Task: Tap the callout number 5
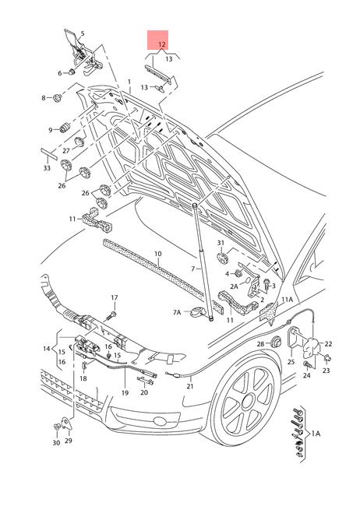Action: pos(83,34)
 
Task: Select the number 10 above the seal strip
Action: pos(157,254)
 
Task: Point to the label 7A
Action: pos(177,312)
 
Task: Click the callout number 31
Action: pos(221,244)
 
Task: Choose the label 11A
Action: pos(287,299)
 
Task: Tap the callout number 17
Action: pos(114,298)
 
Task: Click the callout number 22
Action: pos(328,344)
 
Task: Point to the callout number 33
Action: pos(47,167)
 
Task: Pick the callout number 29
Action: pos(68,441)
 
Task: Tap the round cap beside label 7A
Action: pos(199,314)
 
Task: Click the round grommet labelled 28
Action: pos(275,343)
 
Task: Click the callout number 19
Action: pos(124,394)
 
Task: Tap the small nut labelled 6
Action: pos(72,73)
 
